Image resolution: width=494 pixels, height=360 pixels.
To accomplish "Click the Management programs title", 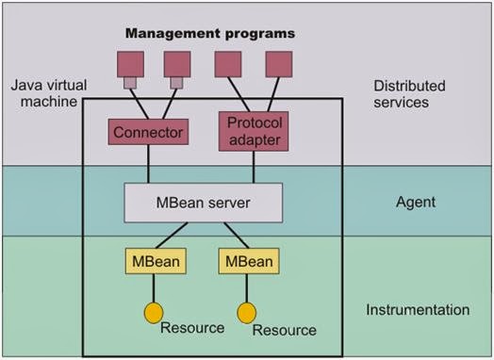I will (210, 34).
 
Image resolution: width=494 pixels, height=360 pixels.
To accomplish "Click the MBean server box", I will (203, 202).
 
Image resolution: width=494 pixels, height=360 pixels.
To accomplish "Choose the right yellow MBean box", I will (246, 260).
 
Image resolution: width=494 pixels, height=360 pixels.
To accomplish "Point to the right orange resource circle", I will (246, 310).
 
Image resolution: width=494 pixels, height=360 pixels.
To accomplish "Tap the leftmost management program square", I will (127, 64).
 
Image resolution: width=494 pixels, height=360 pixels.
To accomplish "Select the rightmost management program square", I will (278, 64).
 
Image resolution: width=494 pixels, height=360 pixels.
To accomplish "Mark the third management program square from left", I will (228, 64).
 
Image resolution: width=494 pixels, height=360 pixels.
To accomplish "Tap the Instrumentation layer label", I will (416, 309).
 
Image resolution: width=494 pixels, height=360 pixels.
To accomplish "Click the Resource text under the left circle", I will (192, 328).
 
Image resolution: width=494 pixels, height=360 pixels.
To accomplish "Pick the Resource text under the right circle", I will (284, 331).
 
